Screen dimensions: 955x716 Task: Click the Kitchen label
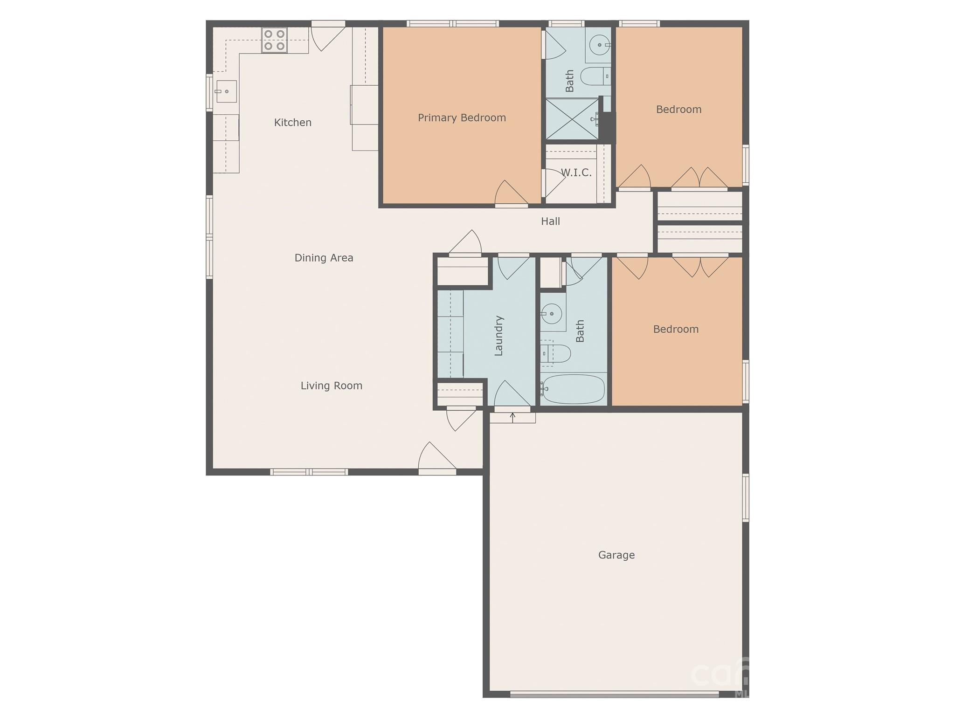tap(292, 123)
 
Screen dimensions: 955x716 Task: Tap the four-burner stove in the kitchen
tap(274, 40)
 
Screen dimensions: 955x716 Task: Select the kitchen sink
tap(226, 91)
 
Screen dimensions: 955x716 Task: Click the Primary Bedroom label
tap(462, 118)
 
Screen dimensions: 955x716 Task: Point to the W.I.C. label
tap(576, 172)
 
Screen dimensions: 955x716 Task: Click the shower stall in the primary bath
tap(572, 119)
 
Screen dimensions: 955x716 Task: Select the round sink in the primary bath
tap(599, 45)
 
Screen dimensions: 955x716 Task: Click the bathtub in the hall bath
tap(574, 389)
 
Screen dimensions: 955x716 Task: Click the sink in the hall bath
tap(552, 314)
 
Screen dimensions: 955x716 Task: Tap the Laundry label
tap(498, 336)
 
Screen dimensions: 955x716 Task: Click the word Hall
tap(550, 221)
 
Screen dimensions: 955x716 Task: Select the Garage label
tap(616, 555)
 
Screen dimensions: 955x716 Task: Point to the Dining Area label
tap(324, 258)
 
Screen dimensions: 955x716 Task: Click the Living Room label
tap(331, 386)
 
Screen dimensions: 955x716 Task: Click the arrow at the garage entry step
tap(512, 417)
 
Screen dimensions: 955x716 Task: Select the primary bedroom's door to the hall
tap(511, 193)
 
